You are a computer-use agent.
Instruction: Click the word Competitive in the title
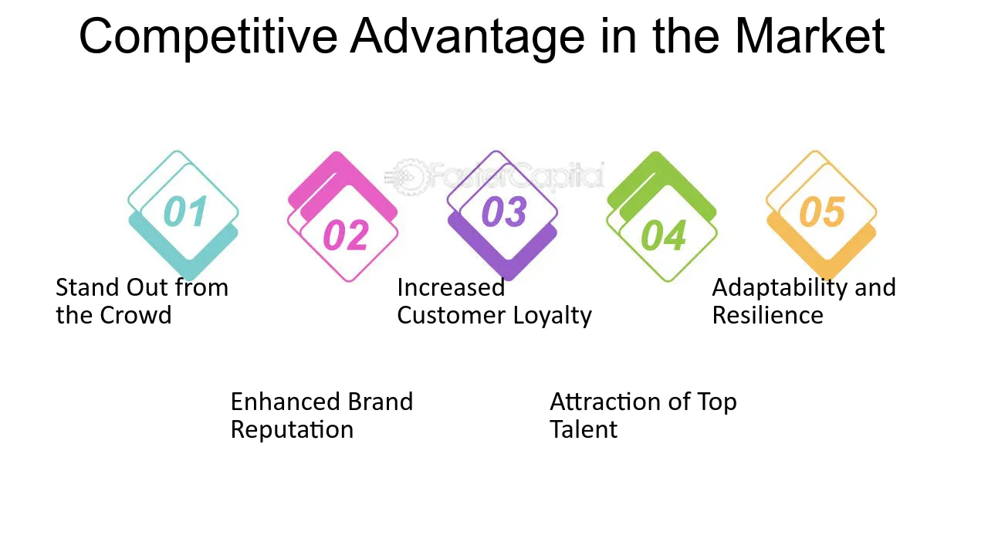208,38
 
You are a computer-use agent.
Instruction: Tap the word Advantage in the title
468,38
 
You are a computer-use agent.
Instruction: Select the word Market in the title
810,36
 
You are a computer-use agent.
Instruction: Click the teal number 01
186,212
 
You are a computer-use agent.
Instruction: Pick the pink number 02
346,236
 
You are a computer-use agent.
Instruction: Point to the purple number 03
505,212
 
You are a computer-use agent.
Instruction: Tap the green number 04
664,236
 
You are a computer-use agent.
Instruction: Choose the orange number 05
823,212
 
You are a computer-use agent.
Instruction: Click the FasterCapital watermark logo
494,177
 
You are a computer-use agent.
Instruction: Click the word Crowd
135,316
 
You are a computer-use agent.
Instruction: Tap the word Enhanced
285,402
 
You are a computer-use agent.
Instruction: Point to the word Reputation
292,430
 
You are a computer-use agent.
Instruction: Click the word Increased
451,288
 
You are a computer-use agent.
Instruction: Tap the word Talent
584,429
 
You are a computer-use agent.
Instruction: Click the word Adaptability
779,289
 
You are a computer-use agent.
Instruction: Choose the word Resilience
768,316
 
